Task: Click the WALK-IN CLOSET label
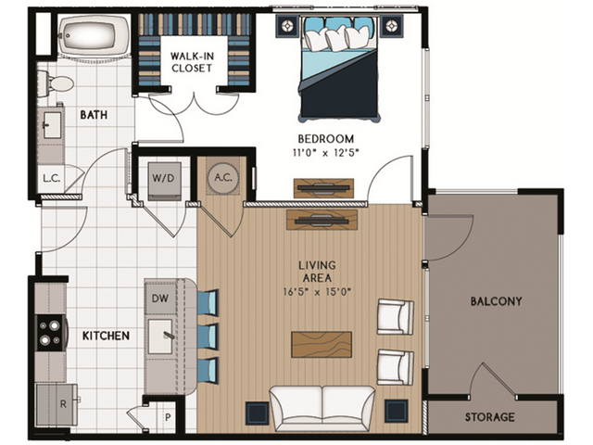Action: coord(194,61)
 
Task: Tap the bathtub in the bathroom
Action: coord(85,38)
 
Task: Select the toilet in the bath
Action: coord(59,83)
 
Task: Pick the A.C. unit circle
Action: coord(222,178)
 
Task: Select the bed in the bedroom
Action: coord(339,70)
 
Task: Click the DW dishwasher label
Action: coord(159,299)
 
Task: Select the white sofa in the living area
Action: coord(322,406)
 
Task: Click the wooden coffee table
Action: coord(322,344)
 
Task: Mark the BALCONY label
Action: coord(495,301)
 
